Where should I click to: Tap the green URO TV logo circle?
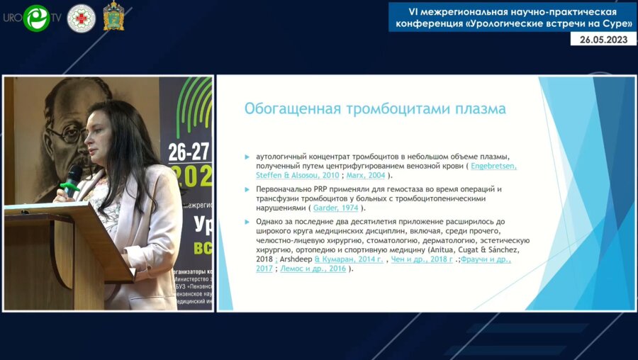click(x=36, y=18)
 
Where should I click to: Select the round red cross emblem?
click(x=81, y=18)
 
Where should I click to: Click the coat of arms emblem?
click(x=114, y=17)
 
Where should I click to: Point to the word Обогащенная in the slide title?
click(x=289, y=108)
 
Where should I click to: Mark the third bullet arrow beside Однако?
click(x=247, y=223)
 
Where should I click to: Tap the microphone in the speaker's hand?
click(x=72, y=178)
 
